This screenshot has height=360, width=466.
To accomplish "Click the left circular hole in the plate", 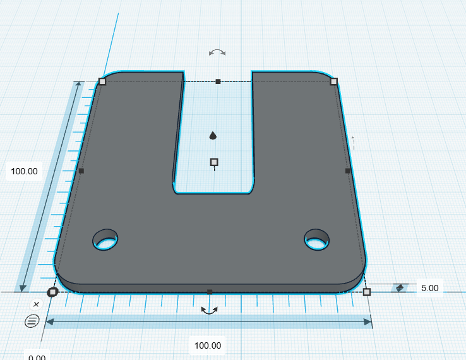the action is pos(105,239).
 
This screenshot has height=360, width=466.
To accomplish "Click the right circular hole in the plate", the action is pos(317,239).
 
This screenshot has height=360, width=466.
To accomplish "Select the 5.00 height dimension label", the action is pos(430,288).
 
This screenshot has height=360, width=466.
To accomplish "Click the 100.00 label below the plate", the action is pos(208,345).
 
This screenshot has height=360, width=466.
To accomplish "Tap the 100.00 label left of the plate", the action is pos(24,171).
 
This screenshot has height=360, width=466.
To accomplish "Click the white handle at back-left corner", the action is pos(102,81).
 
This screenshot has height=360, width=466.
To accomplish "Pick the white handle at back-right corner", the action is pos(334,81).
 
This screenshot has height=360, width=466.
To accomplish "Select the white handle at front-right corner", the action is pos(367,292).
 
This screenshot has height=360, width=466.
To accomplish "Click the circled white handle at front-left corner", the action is pos(52,292).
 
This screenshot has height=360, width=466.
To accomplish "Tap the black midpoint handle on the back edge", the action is pos(218,81).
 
